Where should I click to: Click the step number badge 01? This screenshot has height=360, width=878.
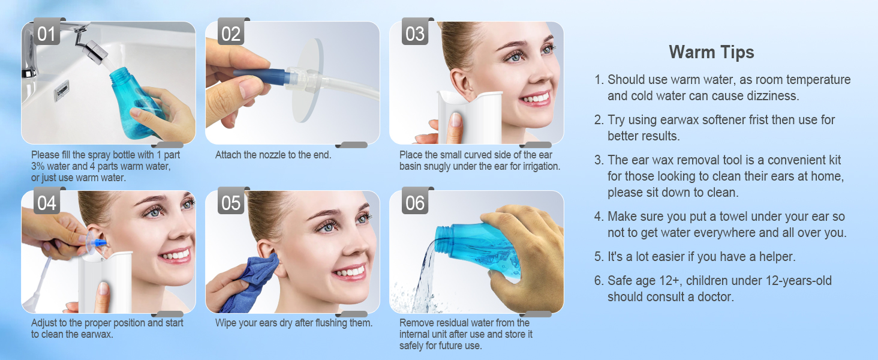[x=46, y=34]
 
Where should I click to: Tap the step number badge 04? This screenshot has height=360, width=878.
[x=46, y=203]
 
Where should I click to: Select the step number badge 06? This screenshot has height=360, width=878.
[x=415, y=203]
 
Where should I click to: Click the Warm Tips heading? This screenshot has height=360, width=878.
[x=711, y=52]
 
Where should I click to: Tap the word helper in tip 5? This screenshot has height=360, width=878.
[x=775, y=257]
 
